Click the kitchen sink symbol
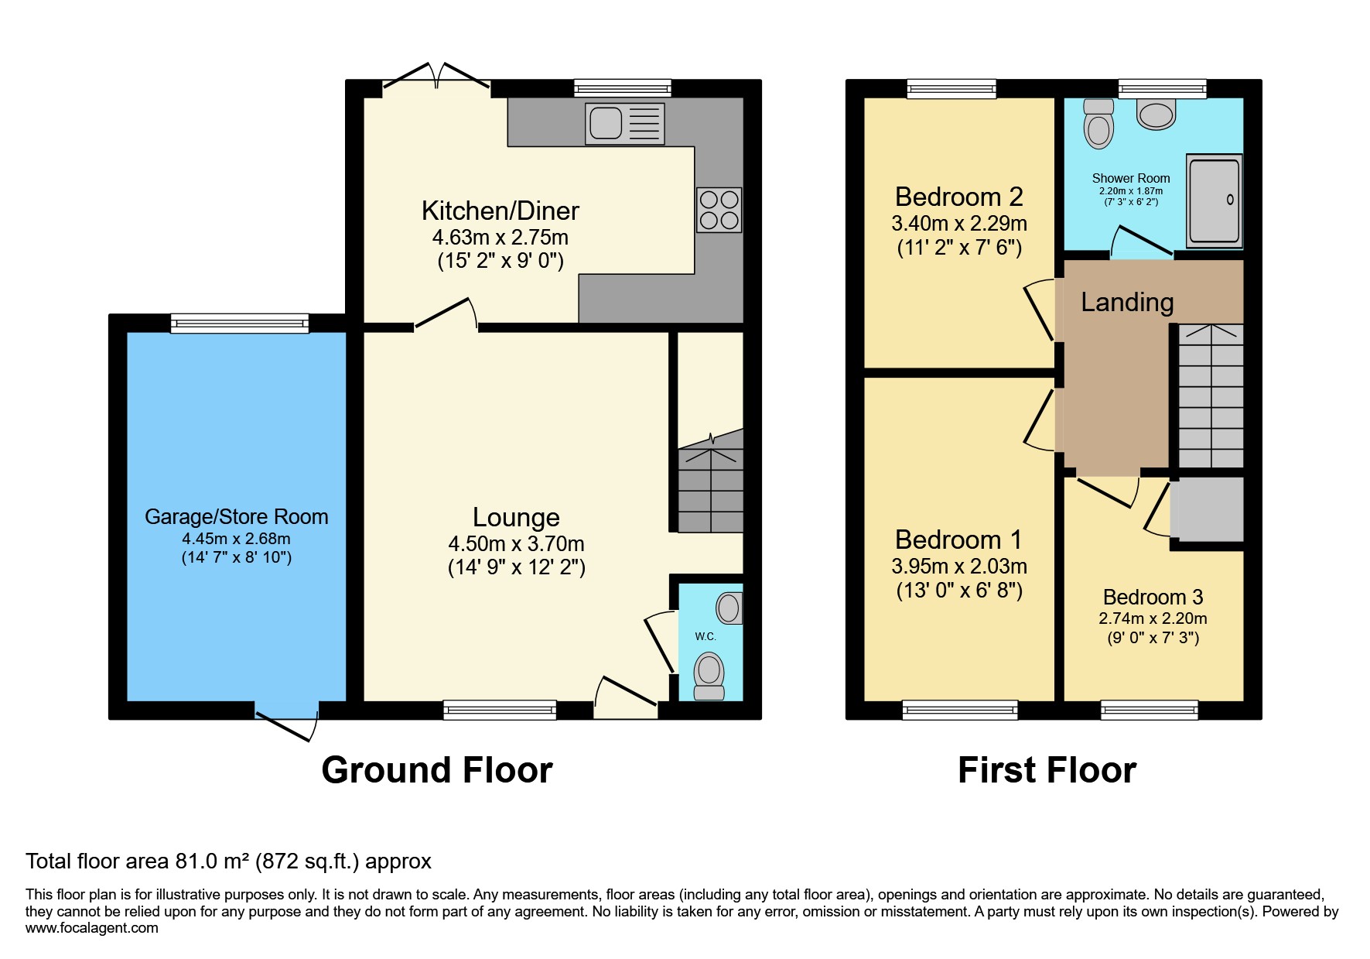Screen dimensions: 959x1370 (624, 123)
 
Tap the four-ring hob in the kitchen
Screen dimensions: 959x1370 (719, 210)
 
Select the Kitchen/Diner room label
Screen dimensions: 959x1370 (500, 211)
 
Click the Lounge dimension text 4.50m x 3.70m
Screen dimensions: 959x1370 (516, 543)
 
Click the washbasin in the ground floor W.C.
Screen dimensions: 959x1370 (729, 608)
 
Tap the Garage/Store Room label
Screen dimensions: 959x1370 (236, 516)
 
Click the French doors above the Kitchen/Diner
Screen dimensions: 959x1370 (437, 77)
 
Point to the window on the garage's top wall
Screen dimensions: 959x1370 (239, 323)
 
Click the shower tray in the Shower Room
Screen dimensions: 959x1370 (1215, 200)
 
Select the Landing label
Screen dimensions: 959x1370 (1127, 302)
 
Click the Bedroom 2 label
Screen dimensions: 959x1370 (958, 197)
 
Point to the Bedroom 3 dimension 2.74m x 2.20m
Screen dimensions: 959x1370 (1153, 618)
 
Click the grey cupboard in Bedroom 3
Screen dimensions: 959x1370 (1208, 509)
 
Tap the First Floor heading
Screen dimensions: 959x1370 (1047, 770)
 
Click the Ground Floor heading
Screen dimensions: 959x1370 (437, 770)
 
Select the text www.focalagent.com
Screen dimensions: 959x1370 (92, 928)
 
